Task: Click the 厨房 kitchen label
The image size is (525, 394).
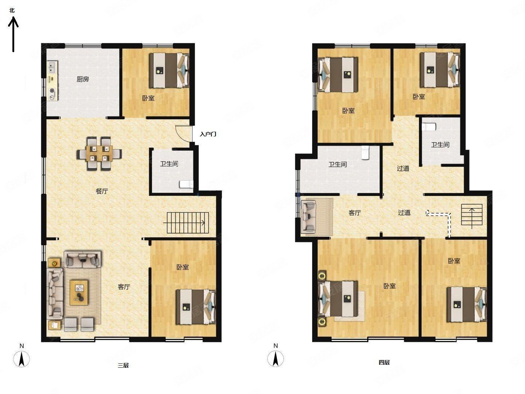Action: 83,79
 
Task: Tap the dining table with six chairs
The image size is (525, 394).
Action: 99,153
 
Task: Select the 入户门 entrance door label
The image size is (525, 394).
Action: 208,134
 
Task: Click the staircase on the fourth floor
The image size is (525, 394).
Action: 472,215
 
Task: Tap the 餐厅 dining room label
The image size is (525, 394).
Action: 102,191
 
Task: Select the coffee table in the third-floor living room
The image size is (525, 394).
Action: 79,292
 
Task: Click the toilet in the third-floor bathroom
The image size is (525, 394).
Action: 186,184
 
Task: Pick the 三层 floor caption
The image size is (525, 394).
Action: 124,365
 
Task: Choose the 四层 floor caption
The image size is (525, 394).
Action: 384,362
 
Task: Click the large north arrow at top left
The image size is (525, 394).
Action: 13,34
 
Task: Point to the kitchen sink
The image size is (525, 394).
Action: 52,67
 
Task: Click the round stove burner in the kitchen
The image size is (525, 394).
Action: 52,91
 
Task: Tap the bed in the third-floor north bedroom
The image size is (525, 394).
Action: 169,70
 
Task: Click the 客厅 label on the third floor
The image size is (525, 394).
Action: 124,287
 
